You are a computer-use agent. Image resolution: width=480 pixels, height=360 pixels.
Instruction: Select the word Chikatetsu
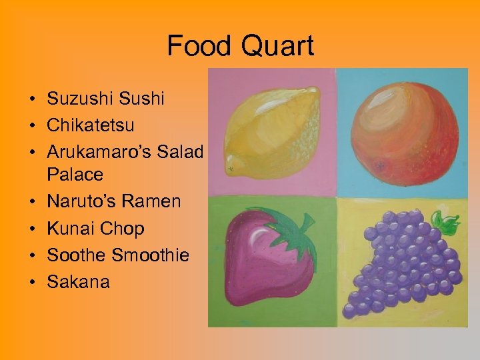coord(91,125)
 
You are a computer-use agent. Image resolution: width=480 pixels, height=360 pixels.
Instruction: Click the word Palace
coord(75,175)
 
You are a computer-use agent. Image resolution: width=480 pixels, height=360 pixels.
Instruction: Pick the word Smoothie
coord(151,255)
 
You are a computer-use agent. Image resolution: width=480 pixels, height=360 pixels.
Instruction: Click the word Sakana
coord(78,281)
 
